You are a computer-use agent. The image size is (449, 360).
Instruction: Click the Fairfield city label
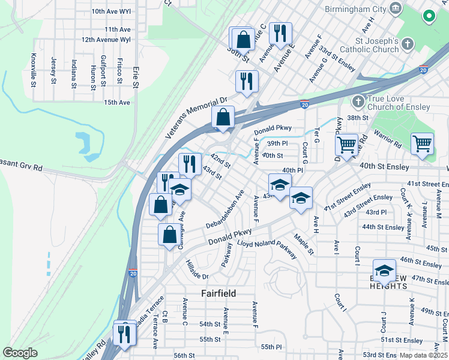[218, 293]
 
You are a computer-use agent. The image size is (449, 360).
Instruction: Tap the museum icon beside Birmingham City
[396, 8]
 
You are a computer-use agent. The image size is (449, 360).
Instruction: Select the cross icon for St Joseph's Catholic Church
[408, 44]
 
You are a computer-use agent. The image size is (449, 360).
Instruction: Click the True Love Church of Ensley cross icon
[358, 101]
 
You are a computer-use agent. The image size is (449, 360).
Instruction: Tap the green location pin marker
[430, 16]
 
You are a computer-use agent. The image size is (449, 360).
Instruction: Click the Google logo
[20, 353]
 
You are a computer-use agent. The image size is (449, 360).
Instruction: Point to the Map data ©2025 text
[423, 355]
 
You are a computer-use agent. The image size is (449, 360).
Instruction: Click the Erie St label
[136, 77]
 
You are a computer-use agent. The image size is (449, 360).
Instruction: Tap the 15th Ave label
[117, 103]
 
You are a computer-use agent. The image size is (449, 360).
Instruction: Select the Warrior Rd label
[388, 144]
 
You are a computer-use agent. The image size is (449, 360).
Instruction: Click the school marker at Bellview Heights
[384, 271]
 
